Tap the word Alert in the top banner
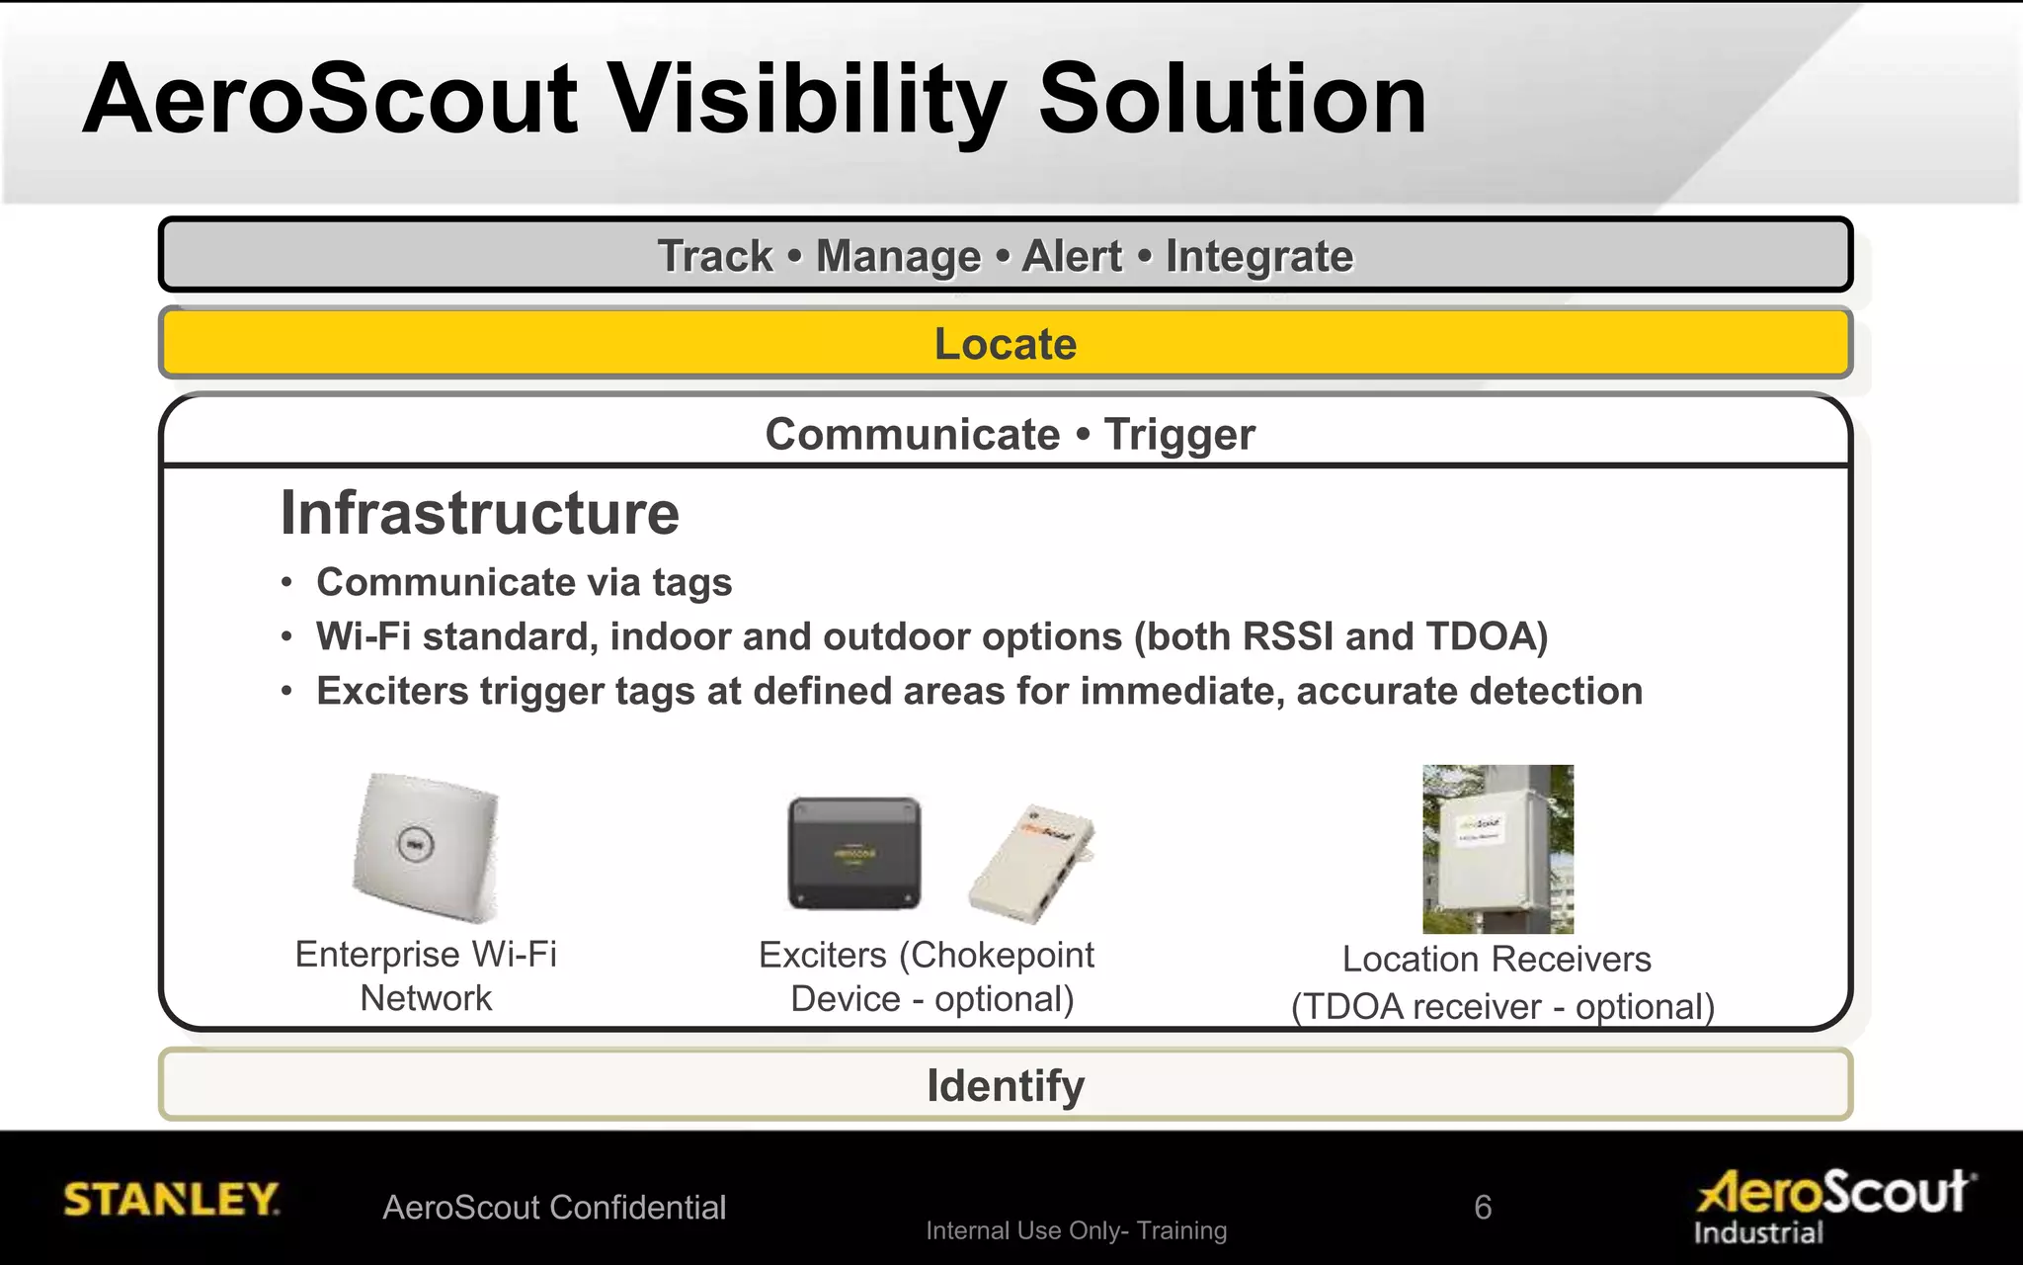click(1072, 256)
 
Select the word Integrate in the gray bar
click(1258, 256)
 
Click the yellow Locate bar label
click(1005, 344)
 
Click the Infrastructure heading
click(480, 513)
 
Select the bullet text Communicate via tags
click(524, 582)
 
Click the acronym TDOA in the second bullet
click(1479, 636)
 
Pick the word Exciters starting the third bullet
click(392, 691)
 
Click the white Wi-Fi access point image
click(427, 848)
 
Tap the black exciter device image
click(854, 853)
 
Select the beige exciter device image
click(1033, 862)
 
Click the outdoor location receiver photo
click(1497, 849)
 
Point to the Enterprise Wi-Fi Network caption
click(426, 975)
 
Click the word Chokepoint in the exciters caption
click(1002, 956)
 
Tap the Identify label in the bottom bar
click(1005, 1085)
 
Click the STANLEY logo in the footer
click(171, 1199)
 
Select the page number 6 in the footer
click(1482, 1207)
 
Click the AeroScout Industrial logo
click(1833, 1204)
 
